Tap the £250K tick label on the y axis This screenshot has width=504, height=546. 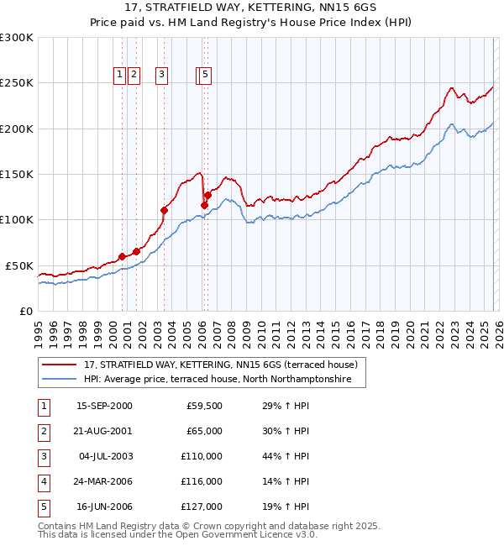pyautogui.click(x=17, y=83)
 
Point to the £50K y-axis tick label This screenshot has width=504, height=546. pyautogui.click(x=19, y=265)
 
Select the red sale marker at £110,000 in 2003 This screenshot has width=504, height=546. pyautogui.click(x=164, y=211)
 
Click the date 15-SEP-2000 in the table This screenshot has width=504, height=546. pyautogui.click(x=104, y=406)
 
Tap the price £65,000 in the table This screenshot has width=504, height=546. pyautogui.click(x=202, y=431)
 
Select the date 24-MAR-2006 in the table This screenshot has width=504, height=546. pyautogui.click(x=104, y=481)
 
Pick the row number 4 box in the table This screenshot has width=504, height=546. pyautogui.click(x=43, y=481)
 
